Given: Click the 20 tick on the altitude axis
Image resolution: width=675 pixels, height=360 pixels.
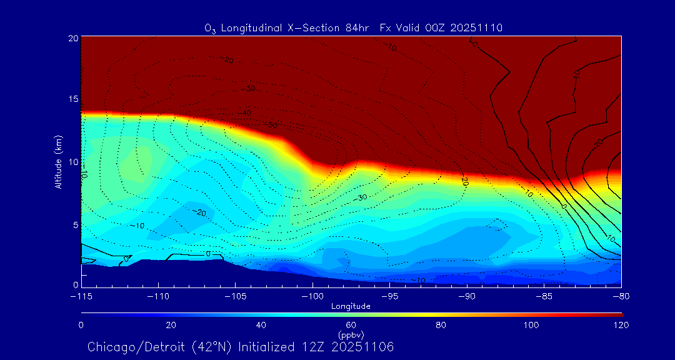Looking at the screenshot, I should (73, 38).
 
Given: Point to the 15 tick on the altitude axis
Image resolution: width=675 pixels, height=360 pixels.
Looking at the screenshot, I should (73, 99).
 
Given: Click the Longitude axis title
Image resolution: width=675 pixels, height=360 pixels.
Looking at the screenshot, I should (351, 306).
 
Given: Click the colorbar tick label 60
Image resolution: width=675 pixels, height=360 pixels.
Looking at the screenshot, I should (351, 325).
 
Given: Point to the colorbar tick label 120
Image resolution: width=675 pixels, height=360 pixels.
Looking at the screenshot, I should (621, 325).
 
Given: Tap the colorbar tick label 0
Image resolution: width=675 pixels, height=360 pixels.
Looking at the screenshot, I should (81, 325).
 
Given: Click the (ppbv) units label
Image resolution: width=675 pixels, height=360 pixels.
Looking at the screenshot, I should (351, 334).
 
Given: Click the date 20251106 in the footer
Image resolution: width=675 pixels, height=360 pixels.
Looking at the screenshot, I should (364, 347).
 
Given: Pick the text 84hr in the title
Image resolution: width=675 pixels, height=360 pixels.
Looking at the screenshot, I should (359, 28).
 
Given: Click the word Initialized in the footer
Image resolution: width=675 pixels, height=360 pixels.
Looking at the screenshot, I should (263, 347).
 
